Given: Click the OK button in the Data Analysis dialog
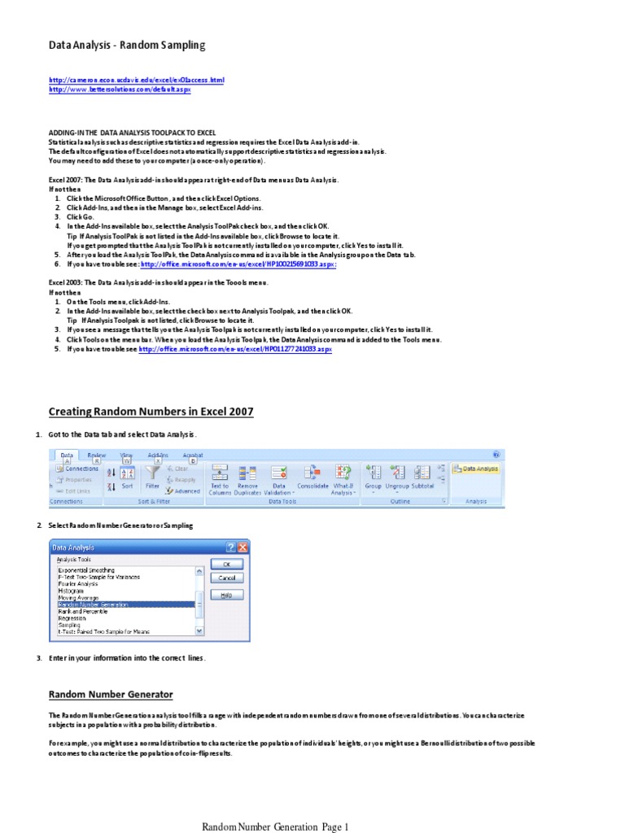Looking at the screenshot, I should (226, 563).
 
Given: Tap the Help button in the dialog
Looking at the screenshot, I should (226, 595).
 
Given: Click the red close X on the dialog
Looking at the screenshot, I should (242, 547).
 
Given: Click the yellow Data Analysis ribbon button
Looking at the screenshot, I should (476, 469).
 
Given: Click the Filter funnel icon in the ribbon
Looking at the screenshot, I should (152, 473).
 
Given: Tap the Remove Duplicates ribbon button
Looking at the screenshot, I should (247, 477).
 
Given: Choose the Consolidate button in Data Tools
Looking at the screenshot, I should (312, 477).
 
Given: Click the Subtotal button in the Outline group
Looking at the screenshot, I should (422, 477).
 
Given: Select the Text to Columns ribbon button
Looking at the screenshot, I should (220, 477).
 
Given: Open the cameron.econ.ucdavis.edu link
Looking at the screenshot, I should (136, 81).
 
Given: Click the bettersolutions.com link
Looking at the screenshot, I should (120, 89).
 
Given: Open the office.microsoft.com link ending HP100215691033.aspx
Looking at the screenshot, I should (238, 264).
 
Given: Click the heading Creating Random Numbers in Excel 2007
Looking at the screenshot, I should (151, 412).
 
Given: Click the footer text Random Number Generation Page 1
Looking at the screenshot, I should (275, 827).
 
